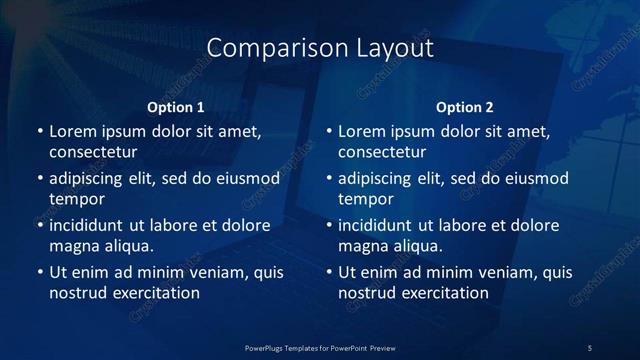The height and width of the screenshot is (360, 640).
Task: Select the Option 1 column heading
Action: (176, 107)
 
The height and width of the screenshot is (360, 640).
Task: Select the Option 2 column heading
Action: (465, 107)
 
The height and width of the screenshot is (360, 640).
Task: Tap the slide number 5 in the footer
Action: (590, 347)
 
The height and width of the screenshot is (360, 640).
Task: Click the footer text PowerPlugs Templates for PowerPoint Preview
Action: (320, 347)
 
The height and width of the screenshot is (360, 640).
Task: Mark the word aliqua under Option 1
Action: (127, 246)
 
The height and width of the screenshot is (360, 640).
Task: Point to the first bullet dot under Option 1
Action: (39, 131)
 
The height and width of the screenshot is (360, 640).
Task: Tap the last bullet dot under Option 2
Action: (328, 272)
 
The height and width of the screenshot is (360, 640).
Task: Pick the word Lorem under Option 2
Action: (361, 131)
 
